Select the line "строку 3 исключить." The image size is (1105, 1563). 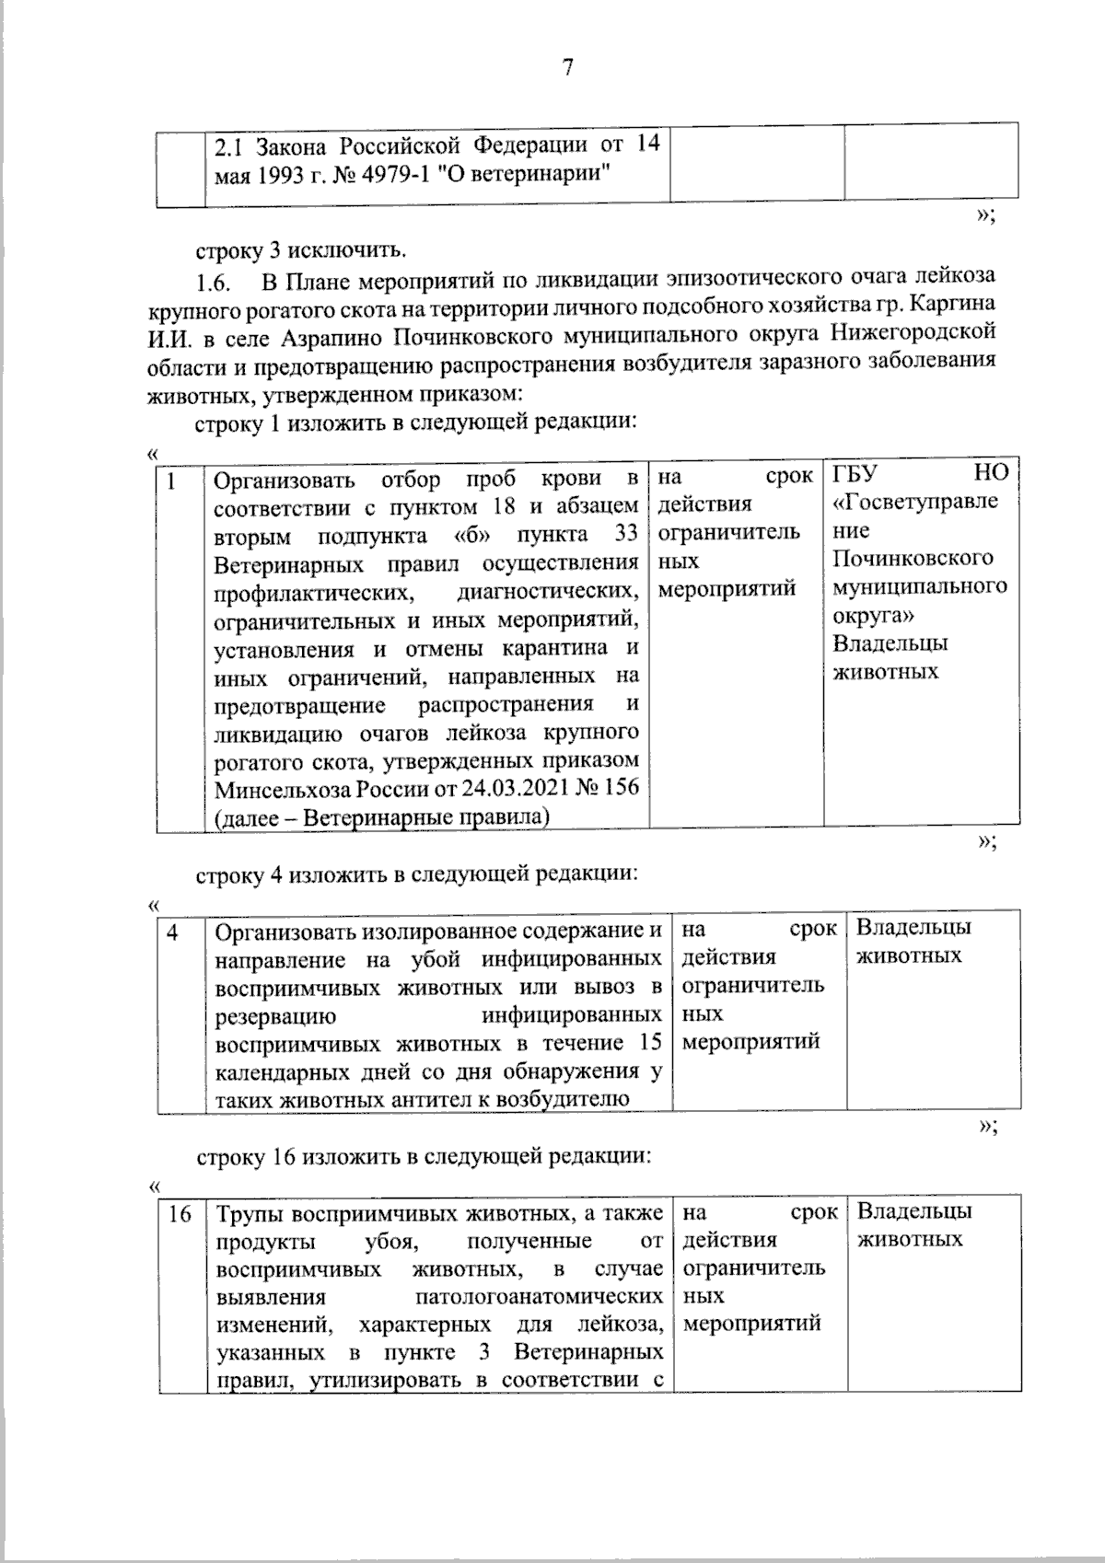pyautogui.click(x=299, y=249)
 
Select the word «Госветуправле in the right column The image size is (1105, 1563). pyautogui.click(x=914, y=503)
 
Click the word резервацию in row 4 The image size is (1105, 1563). pyautogui.click(x=274, y=1016)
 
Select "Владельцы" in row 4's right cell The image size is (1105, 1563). pyautogui.click(x=913, y=928)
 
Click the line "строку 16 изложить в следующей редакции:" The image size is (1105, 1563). pyautogui.click(x=424, y=1156)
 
